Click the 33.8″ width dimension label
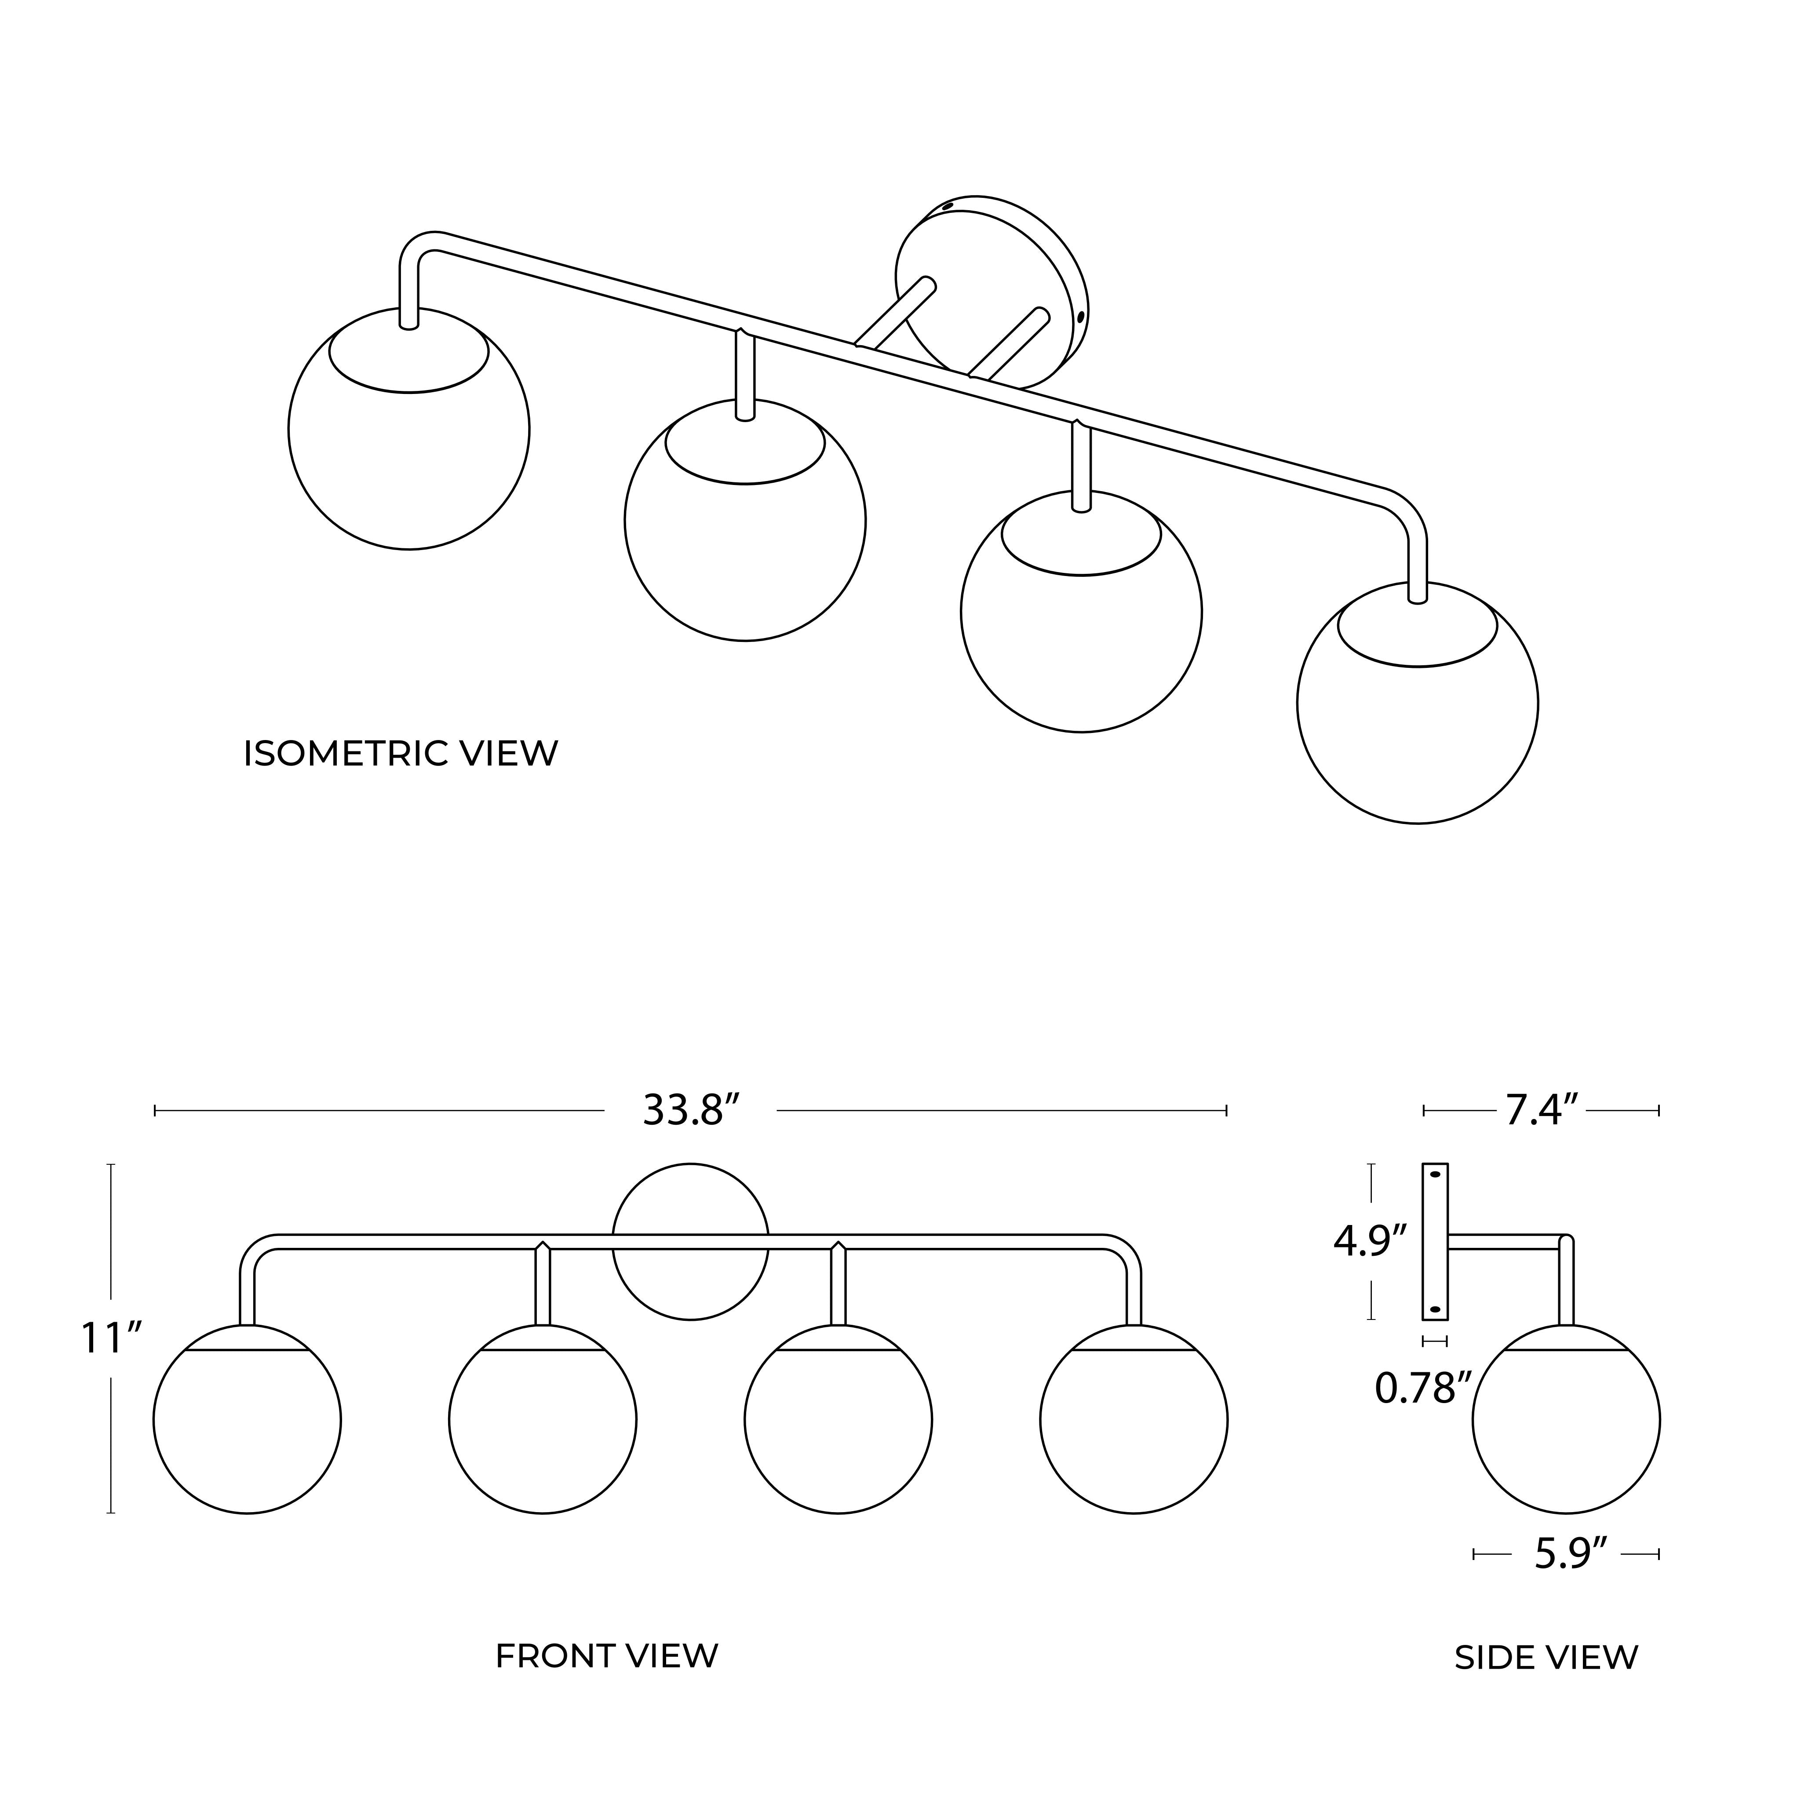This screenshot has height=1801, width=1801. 691,1110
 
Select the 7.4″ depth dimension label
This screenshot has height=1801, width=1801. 1542,1110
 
